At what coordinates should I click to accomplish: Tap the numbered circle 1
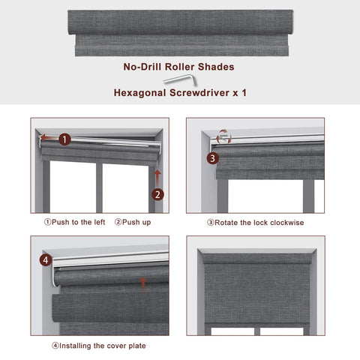[65, 139]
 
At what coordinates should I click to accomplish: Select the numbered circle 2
[157, 194]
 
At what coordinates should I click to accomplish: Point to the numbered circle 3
[212, 158]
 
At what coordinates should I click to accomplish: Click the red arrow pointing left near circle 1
[47, 138]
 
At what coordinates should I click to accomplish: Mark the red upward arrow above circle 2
[157, 175]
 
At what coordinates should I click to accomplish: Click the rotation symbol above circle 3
[223, 136]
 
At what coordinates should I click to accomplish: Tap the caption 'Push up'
[135, 222]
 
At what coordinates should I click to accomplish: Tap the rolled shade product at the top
[180, 32]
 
